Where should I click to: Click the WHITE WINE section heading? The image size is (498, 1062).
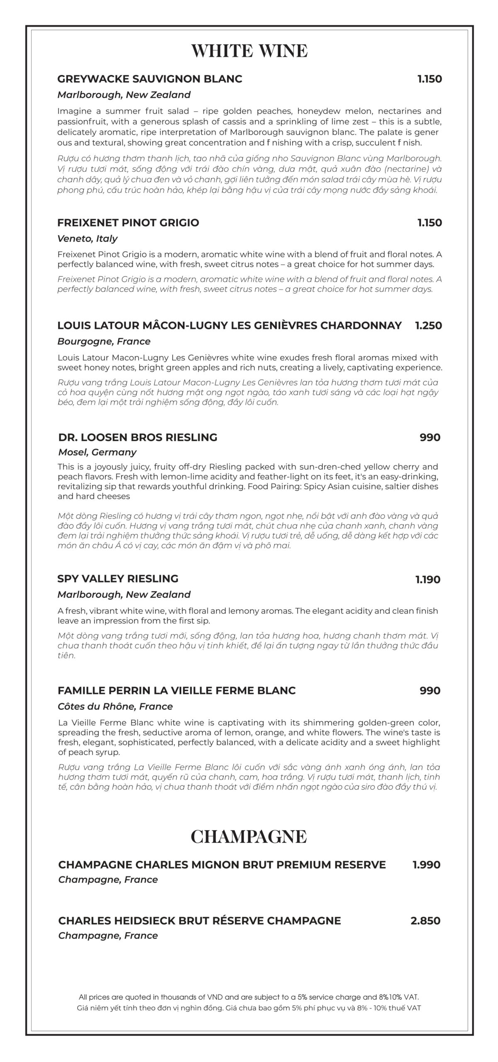pos(249,51)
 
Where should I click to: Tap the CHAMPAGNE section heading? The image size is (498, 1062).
pos(249,836)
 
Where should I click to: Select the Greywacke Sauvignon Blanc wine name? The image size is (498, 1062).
pos(149,79)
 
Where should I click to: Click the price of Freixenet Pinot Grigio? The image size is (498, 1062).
pos(430,223)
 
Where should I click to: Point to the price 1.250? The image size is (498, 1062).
pos(428,325)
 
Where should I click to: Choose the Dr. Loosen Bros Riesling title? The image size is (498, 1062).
pos(137,437)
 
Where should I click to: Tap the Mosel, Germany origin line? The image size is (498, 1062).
pos(97,452)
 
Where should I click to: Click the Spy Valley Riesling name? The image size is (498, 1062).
pos(118,579)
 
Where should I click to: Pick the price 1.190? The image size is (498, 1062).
pos(428,580)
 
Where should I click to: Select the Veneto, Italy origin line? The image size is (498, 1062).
pos(87,239)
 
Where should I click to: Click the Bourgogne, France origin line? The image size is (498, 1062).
pos(104,341)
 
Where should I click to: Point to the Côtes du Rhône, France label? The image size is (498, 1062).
pos(115,706)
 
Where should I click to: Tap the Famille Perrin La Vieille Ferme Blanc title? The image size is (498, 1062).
pos(176,691)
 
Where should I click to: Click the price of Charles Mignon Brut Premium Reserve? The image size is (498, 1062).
pos(426,865)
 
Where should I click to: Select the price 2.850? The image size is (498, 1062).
pos(425,921)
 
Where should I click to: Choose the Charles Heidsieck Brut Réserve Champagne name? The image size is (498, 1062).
pos(199,921)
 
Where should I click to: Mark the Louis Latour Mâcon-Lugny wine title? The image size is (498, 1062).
pos(229,325)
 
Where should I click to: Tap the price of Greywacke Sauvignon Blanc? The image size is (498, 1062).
pos(430,79)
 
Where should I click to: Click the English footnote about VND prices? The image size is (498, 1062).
pos(249,997)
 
